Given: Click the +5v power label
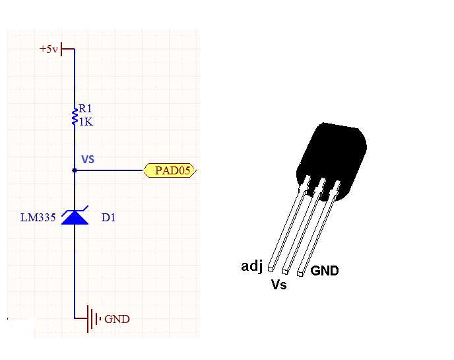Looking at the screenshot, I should [48, 49].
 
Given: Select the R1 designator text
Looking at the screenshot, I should [86, 109].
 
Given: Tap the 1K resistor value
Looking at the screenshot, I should [86, 122].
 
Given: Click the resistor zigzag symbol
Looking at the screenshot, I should [74, 116].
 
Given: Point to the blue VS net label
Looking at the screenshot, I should [88, 159].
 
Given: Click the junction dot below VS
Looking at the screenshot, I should [74, 171].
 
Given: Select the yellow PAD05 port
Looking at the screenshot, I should [170, 171].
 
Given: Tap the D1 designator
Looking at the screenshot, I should [108, 217].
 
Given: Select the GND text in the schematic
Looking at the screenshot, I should [117, 320].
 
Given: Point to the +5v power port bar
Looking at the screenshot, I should [62, 49].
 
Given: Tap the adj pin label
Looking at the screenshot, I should [252, 266].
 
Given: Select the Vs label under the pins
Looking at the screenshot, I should [279, 285].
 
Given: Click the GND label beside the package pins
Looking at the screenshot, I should [324, 271].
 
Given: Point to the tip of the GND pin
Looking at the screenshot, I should [301, 271].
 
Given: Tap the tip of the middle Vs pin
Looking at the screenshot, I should [286, 270].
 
